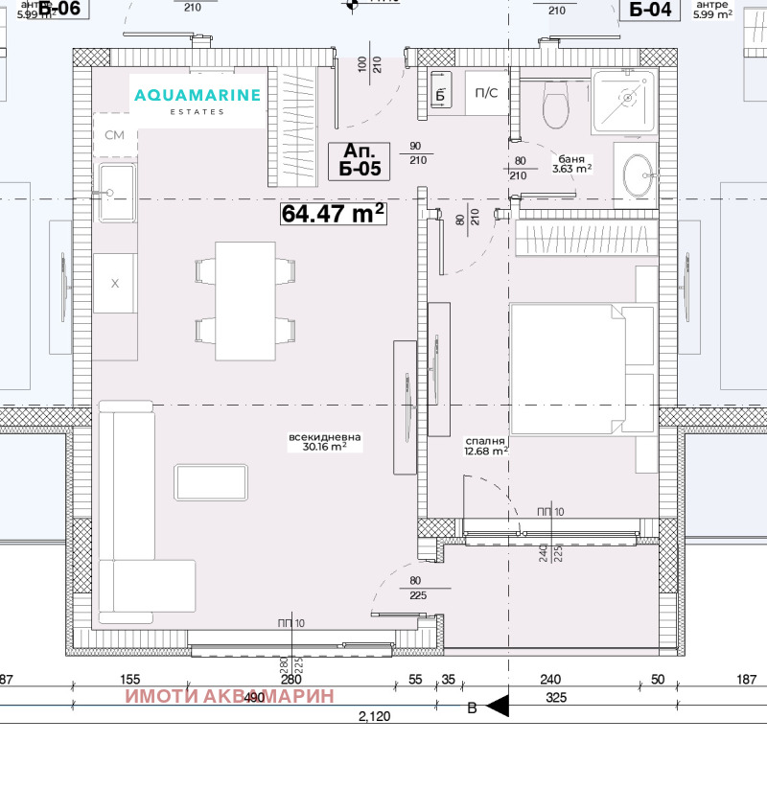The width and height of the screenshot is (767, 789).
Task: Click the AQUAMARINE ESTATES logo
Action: [x=198, y=100]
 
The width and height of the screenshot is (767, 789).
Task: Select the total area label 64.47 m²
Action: [x=334, y=214]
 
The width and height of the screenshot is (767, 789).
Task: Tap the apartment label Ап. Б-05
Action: [x=360, y=160]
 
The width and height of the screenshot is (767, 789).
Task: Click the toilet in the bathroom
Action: [x=556, y=104]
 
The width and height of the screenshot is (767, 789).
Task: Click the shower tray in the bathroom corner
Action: [x=624, y=98]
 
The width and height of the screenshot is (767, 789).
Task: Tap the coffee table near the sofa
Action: [x=211, y=481]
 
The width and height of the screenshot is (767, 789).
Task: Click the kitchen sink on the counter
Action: [x=115, y=193]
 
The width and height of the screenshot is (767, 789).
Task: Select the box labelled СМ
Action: [x=115, y=135]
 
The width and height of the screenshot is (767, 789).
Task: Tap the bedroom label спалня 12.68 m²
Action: [x=486, y=445]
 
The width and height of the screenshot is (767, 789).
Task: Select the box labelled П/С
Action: [x=486, y=93]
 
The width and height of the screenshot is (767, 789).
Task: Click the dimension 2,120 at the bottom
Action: [x=374, y=715]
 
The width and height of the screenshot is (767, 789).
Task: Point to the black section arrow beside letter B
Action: [x=497, y=708]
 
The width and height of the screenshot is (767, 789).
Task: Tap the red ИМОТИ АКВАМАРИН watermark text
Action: [x=229, y=696]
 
